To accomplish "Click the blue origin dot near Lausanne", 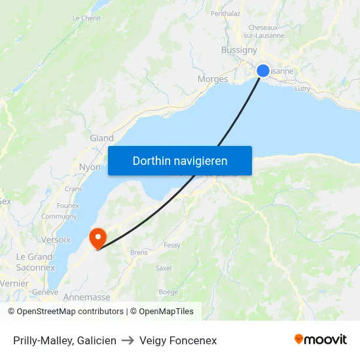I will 263,71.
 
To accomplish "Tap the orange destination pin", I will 98,236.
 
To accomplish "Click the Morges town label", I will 213,79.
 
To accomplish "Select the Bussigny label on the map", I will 239,50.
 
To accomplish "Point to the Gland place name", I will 101,138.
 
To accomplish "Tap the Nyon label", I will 90,167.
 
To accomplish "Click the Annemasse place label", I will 86,297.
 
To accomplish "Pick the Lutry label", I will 302,88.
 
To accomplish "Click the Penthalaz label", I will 226,13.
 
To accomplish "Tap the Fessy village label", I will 172,245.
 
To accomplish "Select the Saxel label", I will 164,268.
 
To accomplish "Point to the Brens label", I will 139,252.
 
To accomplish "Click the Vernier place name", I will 14,283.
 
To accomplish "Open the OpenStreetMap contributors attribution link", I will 69,312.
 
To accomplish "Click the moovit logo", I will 321,340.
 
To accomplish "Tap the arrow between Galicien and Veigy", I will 128,340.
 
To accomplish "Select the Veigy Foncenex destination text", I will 178,340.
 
